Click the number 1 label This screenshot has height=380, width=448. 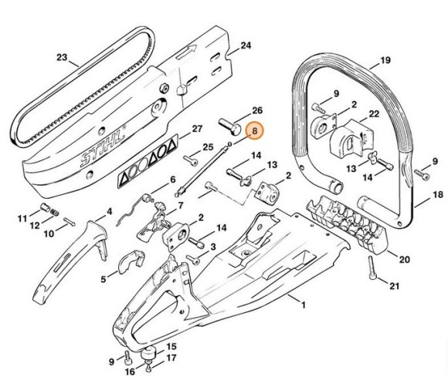coord(304,306)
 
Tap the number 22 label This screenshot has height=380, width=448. coord(373,115)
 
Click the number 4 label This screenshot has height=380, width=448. coord(109,210)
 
